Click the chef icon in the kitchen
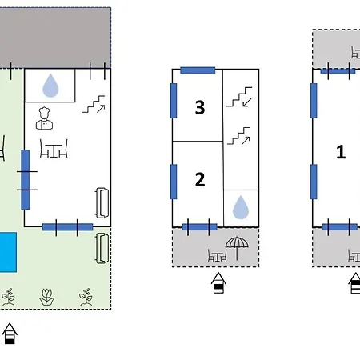click(45, 118)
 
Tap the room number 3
click(200, 107)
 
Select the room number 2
click(200, 179)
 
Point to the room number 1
click(341, 152)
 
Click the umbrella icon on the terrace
click(237, 248)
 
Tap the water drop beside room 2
click(241, 207)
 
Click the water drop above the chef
click(50, 86)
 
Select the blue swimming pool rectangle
click(8, 252)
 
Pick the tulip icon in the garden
click(47, 297)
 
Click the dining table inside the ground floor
click(54, 148)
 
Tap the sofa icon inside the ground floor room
click(102, 202)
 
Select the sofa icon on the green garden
click(102, 248)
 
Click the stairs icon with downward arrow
click(239, 97)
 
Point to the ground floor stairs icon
click(94, 104)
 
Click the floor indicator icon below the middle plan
click(218, 282)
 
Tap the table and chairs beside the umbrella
click(218, 255)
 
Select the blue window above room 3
click(198, 70)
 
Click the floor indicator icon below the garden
click(10, 334)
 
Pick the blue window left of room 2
click(174, 182)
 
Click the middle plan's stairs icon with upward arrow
click(238, 136)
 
